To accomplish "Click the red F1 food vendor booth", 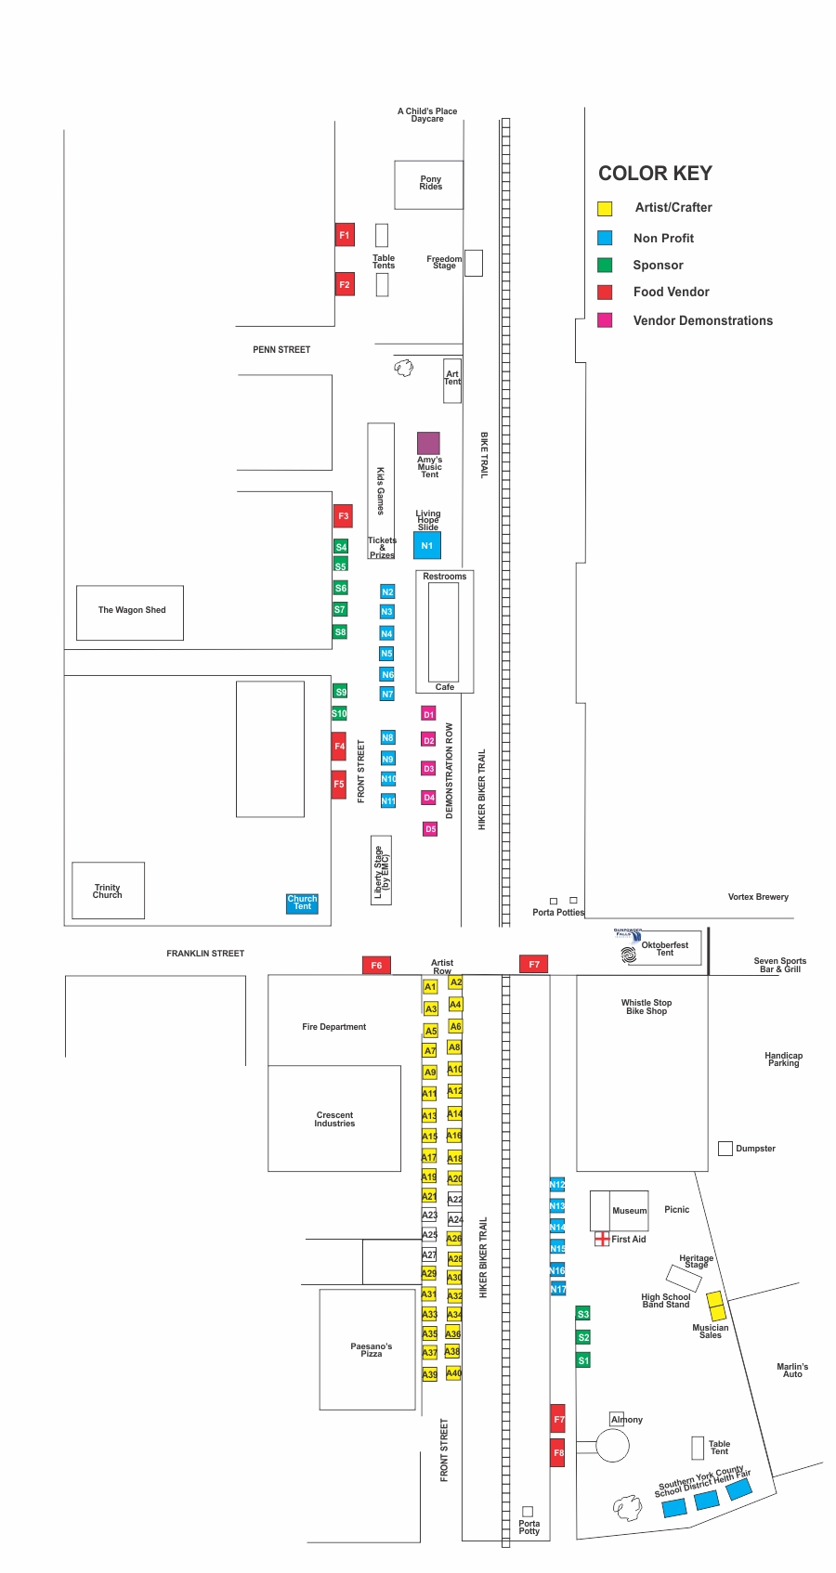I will (345, 235).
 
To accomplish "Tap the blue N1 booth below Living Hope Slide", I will (427, 545).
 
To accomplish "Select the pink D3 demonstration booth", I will (428, 769).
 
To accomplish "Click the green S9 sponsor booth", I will (341, 692).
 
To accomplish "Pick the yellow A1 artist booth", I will (430, 986).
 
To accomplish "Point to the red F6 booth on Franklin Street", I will (376, 965).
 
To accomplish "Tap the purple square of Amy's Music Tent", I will (428, 443).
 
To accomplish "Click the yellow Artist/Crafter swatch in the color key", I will (605, 209).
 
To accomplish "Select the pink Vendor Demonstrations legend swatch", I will (605, 320).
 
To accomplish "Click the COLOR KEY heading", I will (655, 174).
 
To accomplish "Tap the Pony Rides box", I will (429, 184).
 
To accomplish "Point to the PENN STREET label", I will (281, 350).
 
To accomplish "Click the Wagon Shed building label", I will (132, 610).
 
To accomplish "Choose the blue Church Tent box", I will (302, 903).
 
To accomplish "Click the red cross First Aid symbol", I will (602, 1239).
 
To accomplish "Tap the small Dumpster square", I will (725, 1149).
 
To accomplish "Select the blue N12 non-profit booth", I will (557, 1185).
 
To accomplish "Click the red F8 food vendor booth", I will (558, 1453).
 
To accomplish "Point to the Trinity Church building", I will (108, 890).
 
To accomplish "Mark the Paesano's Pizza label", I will (371, 1349).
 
